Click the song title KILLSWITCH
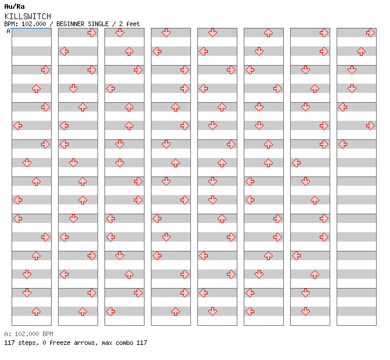tap(28, 16)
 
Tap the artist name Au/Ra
tap(15, 6)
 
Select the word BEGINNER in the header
tap(70, 24)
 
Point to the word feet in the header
tap(133, 24)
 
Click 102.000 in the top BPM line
tap(34, 24)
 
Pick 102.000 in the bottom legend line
tap(27, 334)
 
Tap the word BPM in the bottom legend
tap(48, 334)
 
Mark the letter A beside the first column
tap(9, 31)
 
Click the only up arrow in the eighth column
tap(361, 52)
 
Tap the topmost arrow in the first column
tap(45, 70)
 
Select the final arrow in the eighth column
tap(343, 145)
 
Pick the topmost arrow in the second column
tap(92, 33)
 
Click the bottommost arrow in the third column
tap(111, 311)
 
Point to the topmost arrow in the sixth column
tap(268, 33)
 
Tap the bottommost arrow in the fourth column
tap(176, 311)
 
